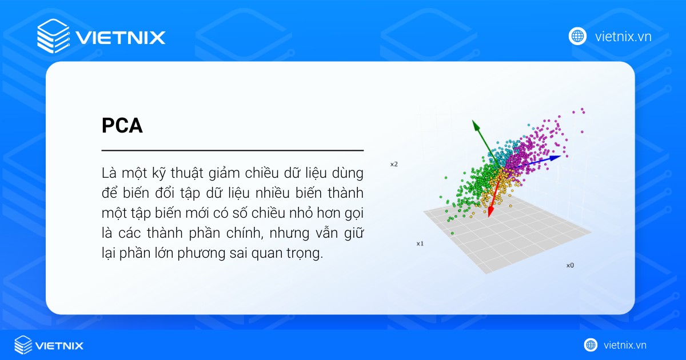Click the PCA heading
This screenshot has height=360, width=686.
(122, 126)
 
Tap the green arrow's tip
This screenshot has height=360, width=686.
(473, 121)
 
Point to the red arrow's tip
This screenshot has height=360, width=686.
(489, 217)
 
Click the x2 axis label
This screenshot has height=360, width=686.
(393, 165)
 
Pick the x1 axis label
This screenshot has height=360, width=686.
(420, 243)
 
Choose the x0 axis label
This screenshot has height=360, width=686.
(570, 265)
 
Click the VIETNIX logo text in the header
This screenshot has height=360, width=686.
(120, 38)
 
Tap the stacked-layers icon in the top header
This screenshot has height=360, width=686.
(53, 36)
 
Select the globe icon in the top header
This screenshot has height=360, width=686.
(577, 36)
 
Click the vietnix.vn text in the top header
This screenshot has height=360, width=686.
(623, 37)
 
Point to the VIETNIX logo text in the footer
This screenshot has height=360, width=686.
(59, 345)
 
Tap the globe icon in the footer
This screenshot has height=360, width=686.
(591, 345)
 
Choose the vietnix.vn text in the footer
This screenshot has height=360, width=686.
(625, 345)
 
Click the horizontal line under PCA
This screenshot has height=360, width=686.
(233, 150)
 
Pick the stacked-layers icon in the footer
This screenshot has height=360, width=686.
(23, 345)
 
